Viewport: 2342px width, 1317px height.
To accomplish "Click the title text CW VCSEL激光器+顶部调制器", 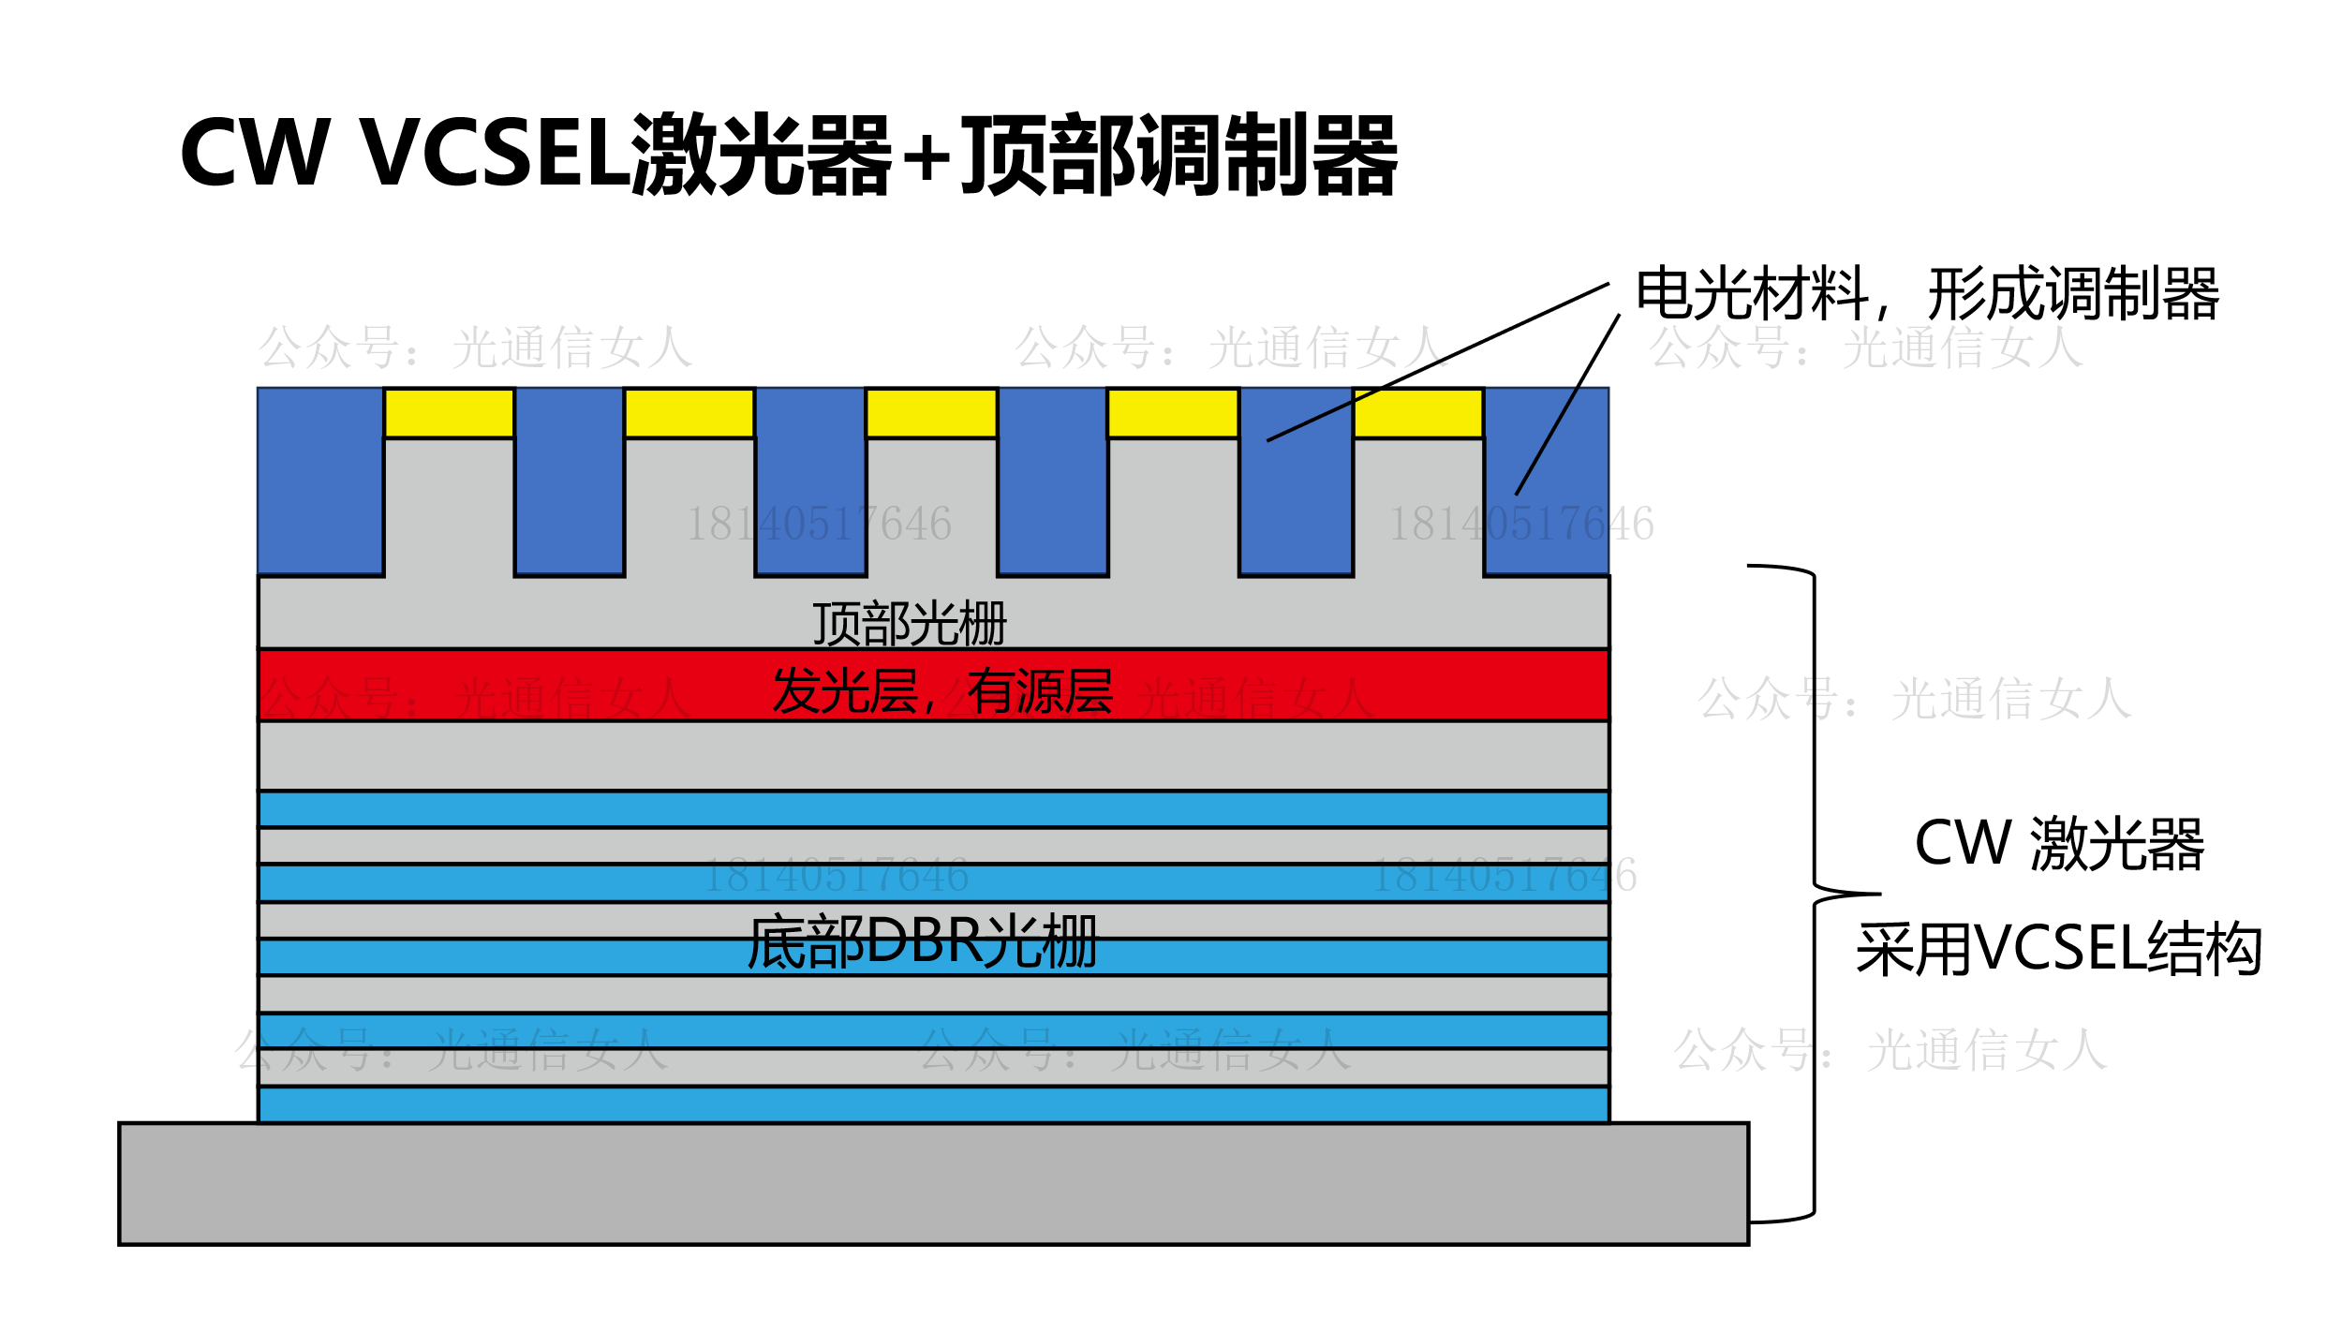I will (x=787, y=155).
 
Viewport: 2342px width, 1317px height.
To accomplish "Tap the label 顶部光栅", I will (x=909, y=624).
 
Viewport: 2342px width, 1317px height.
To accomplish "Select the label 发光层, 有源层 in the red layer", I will (x=942, y=691).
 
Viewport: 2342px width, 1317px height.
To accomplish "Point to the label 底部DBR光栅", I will (x=922, y=941).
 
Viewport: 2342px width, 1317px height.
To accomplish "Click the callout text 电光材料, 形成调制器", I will (x=1926, y=294).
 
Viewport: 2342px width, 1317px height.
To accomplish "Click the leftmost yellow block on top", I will (x=449, y=413).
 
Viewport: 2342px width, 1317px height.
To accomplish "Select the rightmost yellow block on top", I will (x=1417, y=413).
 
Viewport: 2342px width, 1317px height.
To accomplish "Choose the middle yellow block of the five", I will (x=931, y=413).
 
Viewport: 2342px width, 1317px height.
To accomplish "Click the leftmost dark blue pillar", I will (x=320, y=480).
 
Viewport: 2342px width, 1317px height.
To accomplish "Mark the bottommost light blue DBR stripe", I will (x=933, y=1104).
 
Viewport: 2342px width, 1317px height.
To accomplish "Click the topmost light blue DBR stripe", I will (x=933, y=808).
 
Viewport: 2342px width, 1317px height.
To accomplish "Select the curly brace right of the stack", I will (x=1815, y=894).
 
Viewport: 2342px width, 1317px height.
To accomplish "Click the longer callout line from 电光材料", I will (x=1438, y=362).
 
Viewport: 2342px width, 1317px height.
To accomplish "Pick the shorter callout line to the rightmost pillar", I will (x=1567, y=405).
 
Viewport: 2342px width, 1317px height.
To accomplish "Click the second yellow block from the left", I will (x=689, y=413).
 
